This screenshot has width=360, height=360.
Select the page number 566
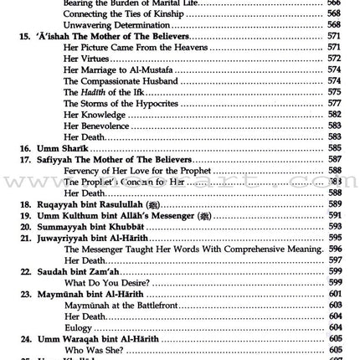pos(335,3)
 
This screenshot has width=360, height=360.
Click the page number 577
pos(335,103)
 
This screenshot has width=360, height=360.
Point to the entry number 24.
pos(25,338)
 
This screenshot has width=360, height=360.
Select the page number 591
pos(335,215)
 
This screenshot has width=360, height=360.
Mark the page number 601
pos(335,294)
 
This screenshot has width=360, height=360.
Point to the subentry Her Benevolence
pos(96,126)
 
